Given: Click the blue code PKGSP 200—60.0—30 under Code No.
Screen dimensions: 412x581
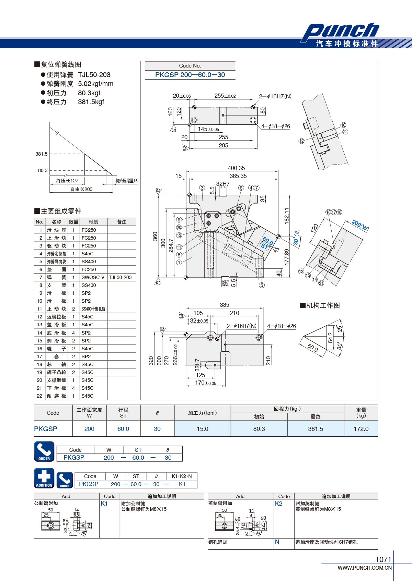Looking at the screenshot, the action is [190, 75].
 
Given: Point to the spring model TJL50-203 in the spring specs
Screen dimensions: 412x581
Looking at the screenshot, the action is [94, 75].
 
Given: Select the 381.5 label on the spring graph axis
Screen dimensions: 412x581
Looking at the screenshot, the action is [42, 154].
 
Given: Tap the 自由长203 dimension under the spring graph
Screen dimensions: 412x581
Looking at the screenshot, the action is [81, 189].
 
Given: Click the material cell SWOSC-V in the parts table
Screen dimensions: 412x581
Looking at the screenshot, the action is [93, 277].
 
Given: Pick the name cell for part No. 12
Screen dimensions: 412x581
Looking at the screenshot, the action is [56, 317].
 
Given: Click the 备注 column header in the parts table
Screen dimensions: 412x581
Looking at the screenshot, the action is [122, 222].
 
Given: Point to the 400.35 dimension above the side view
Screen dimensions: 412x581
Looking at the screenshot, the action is [237, 168].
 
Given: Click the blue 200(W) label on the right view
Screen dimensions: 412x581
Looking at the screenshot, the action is [360, 225].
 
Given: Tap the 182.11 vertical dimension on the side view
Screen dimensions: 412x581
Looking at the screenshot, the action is [286, 216].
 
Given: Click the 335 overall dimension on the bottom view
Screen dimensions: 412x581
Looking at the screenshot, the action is [225, 305].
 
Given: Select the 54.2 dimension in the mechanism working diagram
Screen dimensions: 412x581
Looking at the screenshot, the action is [330, 338].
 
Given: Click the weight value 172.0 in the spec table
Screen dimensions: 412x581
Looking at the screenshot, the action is [361, 429].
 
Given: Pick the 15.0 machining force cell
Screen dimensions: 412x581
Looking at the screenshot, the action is [202, 429].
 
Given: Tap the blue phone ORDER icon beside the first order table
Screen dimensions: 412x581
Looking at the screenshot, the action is [44, 451].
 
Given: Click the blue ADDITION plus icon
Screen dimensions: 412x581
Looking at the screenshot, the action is [44, 478].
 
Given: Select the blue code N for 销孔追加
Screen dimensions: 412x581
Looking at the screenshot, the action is [277, 542].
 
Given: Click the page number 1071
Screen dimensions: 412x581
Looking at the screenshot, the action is [384, 559].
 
